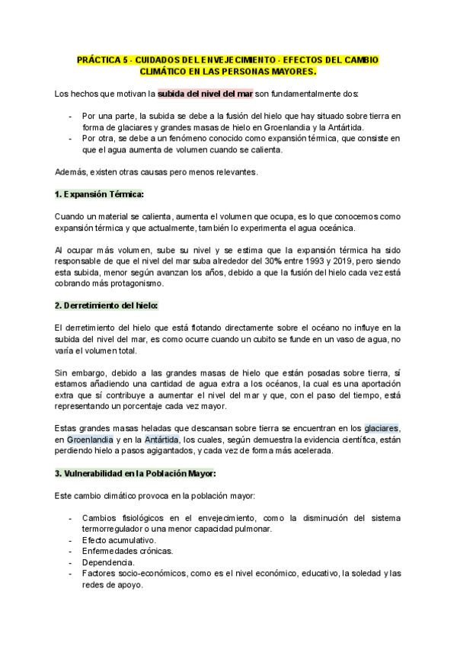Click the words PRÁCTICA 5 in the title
(101, 59)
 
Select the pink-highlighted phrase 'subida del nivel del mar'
(205, 94)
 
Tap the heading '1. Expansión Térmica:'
(99, 195)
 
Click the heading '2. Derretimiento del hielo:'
(106, 305)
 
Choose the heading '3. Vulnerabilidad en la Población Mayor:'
(136, 473)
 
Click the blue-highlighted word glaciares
(382, 429)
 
